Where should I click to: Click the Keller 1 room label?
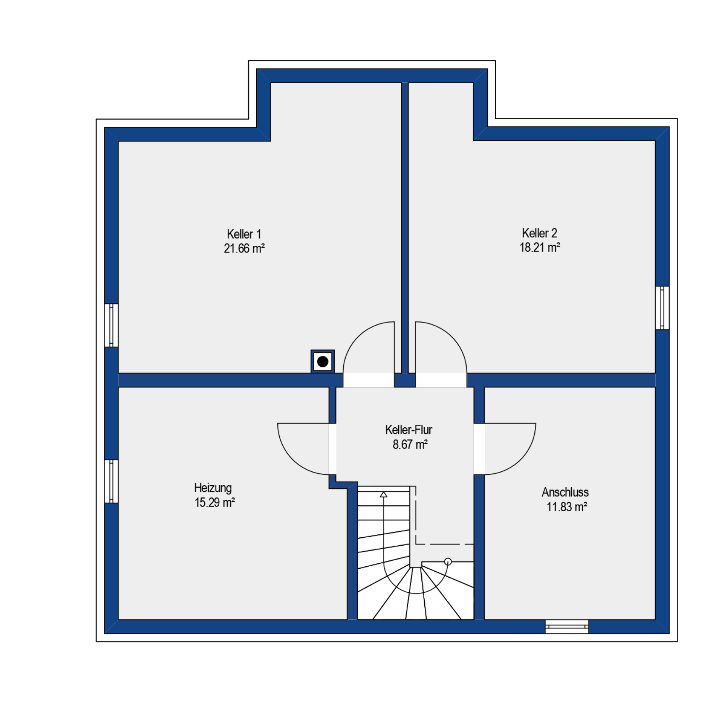[244, 234]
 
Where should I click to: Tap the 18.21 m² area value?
[540, 247]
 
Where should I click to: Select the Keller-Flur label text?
[409, 430]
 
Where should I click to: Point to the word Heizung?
[213, 488]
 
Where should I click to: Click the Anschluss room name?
[565, 492]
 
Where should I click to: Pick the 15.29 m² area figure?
[215, 502]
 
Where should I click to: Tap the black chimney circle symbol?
[323, 361]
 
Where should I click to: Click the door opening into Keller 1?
[369, 354]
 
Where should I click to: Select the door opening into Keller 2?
[441, 354]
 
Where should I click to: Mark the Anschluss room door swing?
[505, 449]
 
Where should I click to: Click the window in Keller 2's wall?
[662, 308]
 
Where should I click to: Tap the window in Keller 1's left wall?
[111, 325]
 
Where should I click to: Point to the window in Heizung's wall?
[111, 481]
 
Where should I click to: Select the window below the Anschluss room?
[567, 626]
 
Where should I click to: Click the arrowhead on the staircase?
[384, 494]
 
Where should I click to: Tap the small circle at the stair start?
[448, 561]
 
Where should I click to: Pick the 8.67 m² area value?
[410, 444]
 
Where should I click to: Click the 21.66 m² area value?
[244, 249]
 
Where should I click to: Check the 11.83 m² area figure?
[567, 507]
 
